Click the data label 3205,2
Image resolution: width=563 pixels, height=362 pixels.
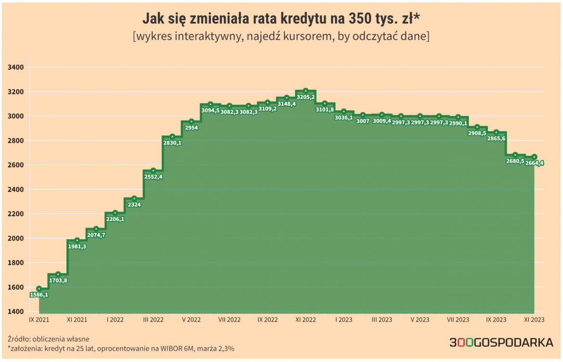306,97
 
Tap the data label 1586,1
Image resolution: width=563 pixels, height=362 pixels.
39,295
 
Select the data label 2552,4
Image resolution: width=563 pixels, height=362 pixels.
153,177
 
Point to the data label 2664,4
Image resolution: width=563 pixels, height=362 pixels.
535,163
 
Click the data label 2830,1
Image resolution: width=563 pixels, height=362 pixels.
172,143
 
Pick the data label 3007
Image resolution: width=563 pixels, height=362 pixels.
363,121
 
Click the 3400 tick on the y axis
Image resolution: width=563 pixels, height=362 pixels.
16,67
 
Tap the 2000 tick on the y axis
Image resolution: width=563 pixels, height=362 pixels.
16,238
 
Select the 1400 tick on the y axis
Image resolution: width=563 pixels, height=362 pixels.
16,312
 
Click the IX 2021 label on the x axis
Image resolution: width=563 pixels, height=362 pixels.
38,320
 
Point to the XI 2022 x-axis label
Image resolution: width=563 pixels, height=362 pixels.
305,320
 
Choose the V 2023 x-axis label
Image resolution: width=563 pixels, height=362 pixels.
420,320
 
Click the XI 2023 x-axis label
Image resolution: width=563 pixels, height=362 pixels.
534,320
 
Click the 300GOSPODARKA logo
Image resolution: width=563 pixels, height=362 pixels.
501,343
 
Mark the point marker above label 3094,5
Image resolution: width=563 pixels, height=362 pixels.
210,104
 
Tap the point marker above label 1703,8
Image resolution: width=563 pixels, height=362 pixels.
58,274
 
